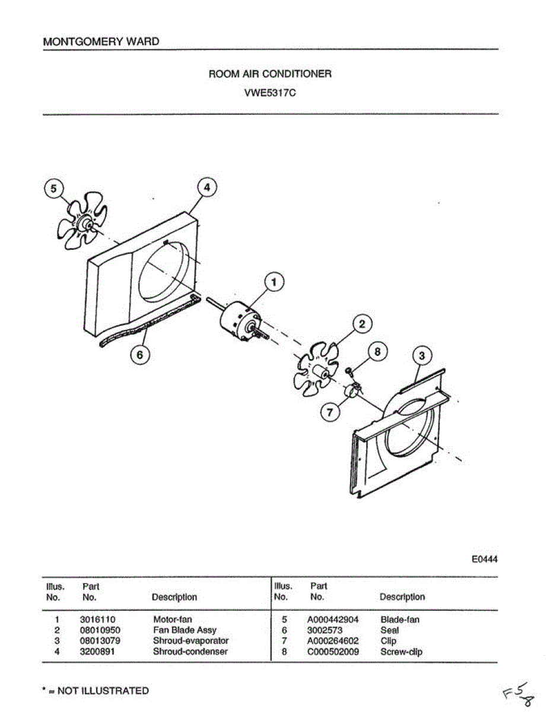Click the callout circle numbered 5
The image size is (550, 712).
(54, 189)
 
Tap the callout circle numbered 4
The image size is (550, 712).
(206, 187)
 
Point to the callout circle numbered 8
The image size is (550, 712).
(376, 351)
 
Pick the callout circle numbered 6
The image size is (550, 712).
(140, 355)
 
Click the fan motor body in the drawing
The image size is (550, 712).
(237, 320)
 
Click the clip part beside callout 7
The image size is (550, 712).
(353, 391)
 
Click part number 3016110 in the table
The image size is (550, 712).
(97, 620)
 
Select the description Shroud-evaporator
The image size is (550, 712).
(190, 641)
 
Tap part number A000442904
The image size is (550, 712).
(332, 620)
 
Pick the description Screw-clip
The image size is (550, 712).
(401, 652)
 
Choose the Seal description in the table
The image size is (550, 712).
(389, 631)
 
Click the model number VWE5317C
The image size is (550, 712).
(270, 93)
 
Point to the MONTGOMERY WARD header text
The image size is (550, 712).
(101, 42)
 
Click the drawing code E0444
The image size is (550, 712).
(485, 559)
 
